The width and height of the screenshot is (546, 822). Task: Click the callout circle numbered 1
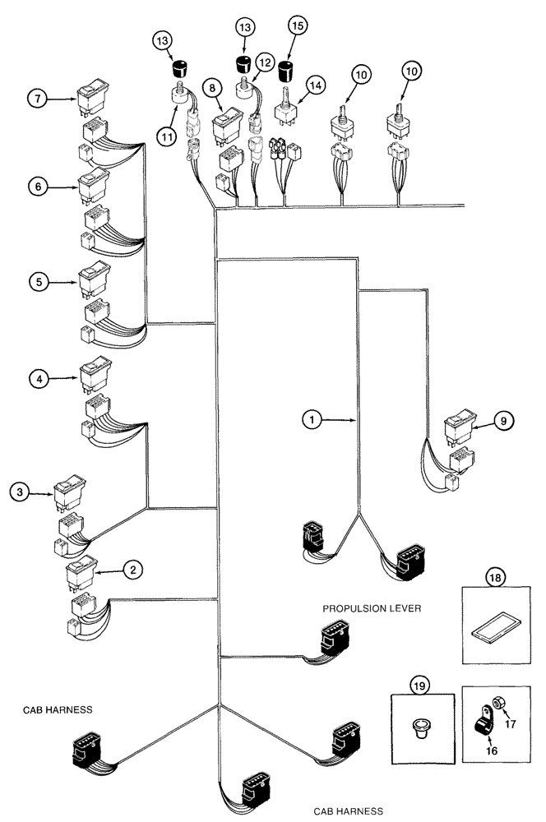(x=310, y=420)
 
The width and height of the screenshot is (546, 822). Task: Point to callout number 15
(x=297, y=26)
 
